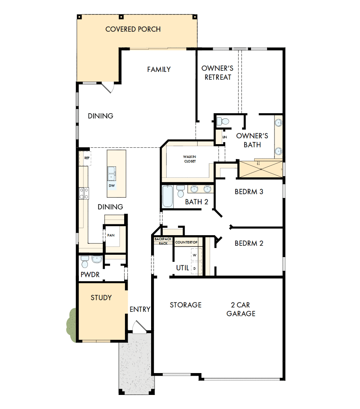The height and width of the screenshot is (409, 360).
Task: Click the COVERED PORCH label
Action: (x=133, y=29)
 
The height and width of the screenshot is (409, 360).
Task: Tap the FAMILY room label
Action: (x=159, y=70)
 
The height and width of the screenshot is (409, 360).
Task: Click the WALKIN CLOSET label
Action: (x=190, y=159)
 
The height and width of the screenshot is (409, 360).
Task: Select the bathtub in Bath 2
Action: (x=167, y=196)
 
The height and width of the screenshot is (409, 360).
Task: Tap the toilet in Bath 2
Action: (x=180, y=192)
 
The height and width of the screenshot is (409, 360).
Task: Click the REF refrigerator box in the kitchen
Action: (x=87, y=158)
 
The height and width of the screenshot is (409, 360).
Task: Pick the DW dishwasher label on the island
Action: (x=112, y=186)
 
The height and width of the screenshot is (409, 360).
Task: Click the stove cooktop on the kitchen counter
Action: (x=84, y=193)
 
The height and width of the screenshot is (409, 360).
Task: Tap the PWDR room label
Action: (x=90, y=275)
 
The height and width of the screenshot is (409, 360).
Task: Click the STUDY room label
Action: (x=101, y=298)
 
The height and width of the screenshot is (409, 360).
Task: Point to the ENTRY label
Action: (x=140, y=309)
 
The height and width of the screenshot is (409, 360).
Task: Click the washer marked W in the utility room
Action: (x=194, y=254)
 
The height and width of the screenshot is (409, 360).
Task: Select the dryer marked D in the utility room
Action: (x=194, y=268)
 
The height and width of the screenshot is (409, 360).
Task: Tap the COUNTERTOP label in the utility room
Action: (x=186, y=243)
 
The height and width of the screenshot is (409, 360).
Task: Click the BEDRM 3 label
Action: (x=249, y=192)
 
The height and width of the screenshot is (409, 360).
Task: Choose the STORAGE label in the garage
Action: (x=185, y=305)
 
